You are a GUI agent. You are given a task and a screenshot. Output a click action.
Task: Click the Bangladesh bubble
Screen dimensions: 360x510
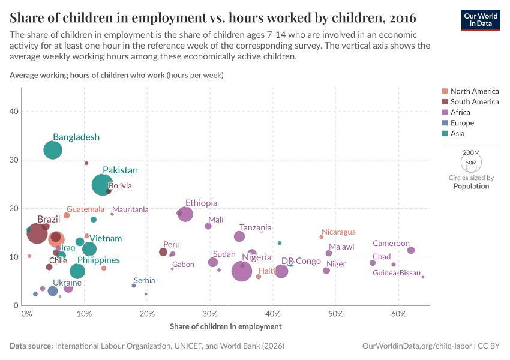point(53,150)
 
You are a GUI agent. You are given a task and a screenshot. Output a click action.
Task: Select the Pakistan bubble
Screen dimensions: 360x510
point(103,185)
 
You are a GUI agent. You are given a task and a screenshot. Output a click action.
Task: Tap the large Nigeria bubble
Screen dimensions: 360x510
point(242,271)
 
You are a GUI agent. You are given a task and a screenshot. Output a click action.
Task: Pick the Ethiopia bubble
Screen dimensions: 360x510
point(185,214)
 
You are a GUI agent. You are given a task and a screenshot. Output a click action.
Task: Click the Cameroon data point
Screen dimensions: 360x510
point(411,250)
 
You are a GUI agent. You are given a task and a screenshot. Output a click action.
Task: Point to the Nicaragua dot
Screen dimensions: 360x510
point(322,237)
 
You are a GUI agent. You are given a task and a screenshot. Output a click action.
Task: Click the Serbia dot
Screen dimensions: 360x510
point(134,286)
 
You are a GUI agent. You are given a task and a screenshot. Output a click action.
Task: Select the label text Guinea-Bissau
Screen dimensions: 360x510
point(397,273)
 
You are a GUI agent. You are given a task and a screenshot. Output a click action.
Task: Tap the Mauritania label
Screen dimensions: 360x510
point(130,209)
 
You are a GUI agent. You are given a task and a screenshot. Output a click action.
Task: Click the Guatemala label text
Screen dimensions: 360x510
point(85,209)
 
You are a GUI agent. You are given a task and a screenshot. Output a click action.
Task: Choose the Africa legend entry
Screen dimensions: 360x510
point(460,112)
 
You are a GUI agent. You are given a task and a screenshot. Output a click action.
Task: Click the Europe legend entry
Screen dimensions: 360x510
point(462,123)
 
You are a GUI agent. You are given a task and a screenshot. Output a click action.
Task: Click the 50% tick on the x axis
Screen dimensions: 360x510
point(336,314)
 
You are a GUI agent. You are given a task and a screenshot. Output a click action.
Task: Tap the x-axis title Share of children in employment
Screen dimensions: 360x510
point(226,326)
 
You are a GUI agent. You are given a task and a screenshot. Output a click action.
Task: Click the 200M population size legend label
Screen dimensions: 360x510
point(472,153)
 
